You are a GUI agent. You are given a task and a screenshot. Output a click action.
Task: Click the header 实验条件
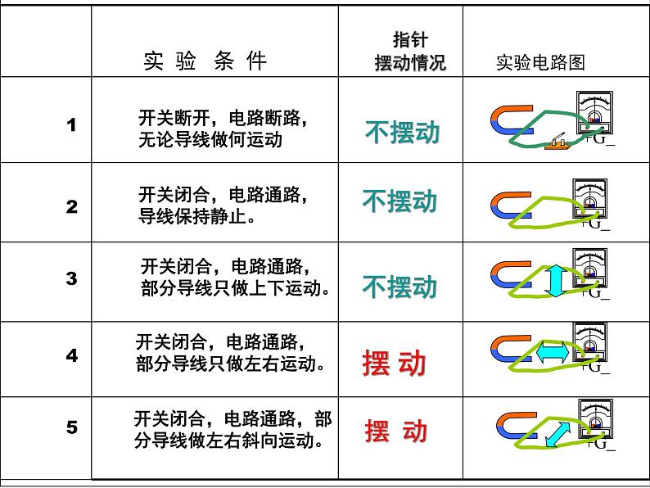tap(205, 61)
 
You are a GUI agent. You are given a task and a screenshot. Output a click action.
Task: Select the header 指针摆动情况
tap(410, 52)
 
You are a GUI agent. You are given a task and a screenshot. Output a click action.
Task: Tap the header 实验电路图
tap(541, 63)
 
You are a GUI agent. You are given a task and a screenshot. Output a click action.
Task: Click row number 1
tap(72, 125)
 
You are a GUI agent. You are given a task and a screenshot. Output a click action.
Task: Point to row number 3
tap(72, 278)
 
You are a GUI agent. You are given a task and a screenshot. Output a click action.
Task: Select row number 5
tap(72, 427)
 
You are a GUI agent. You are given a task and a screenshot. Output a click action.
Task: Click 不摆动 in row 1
tap(402, 133)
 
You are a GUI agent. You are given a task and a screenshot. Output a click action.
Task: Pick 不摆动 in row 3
tap(399, 287)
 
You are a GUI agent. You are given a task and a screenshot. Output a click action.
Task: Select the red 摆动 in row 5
tap(396, 431)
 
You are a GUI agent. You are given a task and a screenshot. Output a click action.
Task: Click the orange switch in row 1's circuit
tap(560, 144)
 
